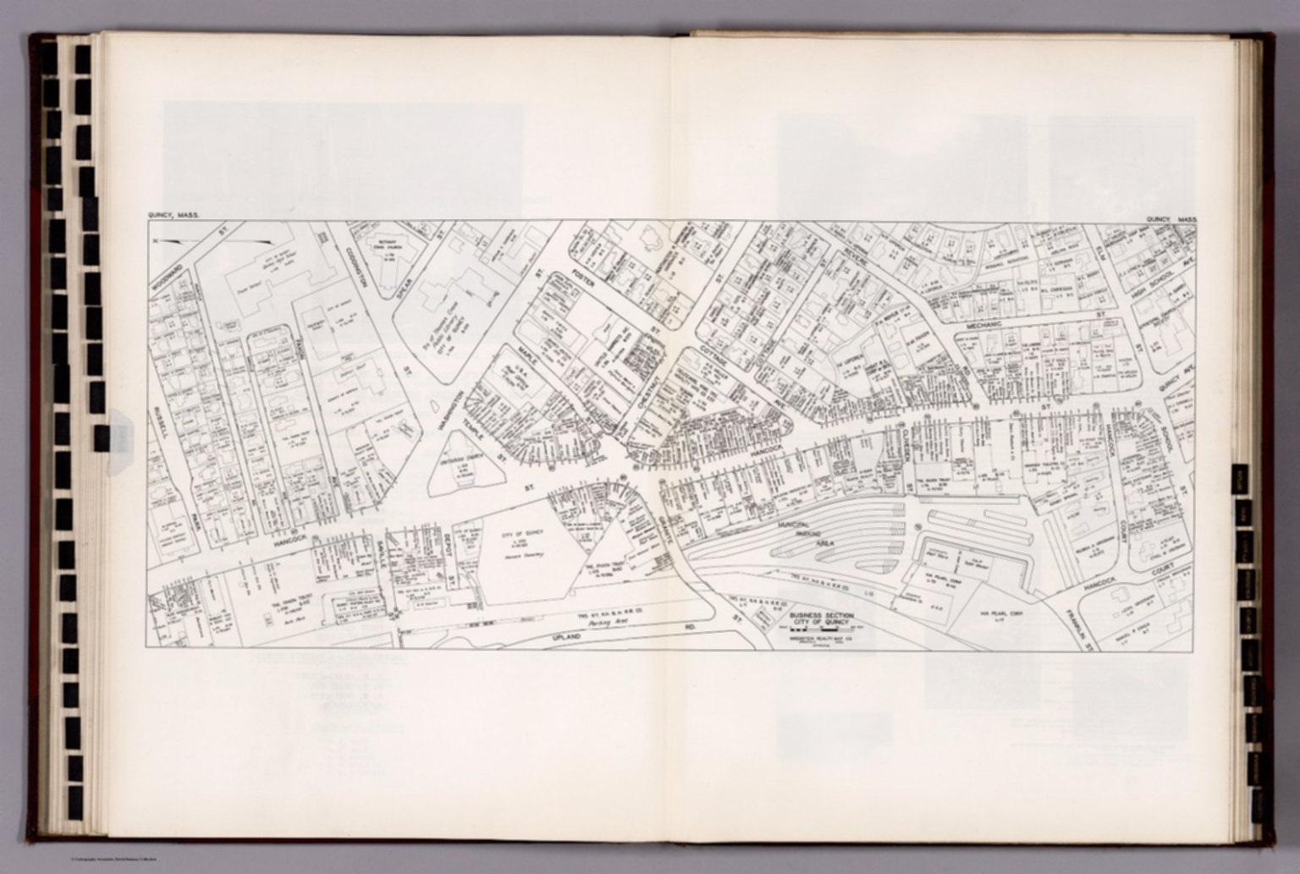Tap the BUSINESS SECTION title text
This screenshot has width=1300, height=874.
820,616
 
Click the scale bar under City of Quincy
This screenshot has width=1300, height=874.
820,631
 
